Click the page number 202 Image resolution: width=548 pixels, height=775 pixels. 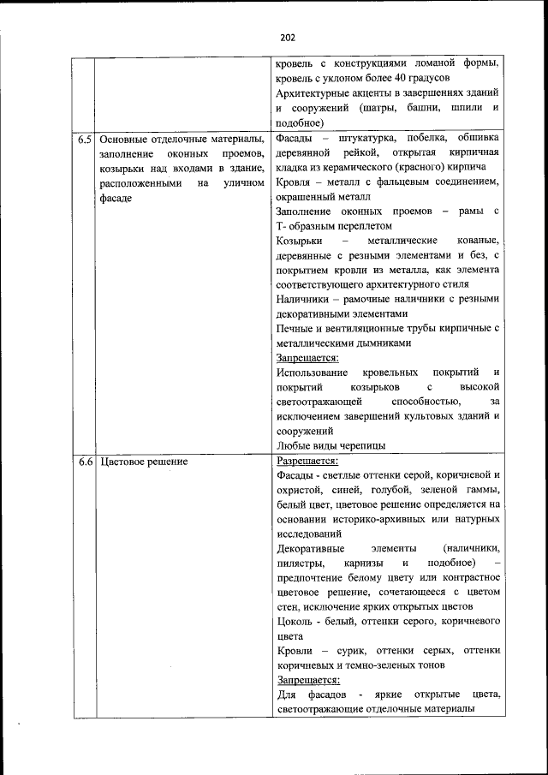click(x=287, y=37)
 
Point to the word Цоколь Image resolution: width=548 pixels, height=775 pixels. click(x=295, y=620)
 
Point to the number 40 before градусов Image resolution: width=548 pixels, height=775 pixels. click(x=422, y=78)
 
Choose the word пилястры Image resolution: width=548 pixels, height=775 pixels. click(x=300, y=563)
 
